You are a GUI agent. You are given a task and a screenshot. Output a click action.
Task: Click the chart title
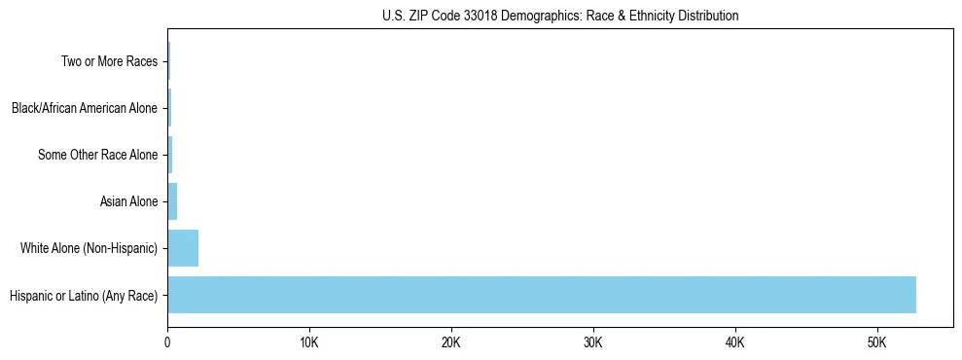(x=560, y=16)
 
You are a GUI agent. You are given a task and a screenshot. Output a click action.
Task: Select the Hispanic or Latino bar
(x=542, y=295)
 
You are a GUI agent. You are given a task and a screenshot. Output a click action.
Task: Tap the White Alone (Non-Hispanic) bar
(x=183, y=248)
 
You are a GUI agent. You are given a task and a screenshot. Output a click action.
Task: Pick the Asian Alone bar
(x=172, y=201)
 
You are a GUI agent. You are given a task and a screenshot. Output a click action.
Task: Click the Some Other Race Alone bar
(x=170, y=155)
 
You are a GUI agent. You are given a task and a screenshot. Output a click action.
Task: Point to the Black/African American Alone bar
(x=169, y=108)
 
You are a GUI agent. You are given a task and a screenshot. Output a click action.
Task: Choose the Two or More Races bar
(x=168, y=61)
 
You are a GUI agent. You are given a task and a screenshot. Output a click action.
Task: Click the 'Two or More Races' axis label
(x=109, y=61)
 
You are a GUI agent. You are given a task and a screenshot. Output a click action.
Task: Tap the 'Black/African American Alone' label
(x=84, y=108)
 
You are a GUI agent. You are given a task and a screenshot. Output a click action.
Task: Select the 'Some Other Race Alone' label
(x=97, y=155)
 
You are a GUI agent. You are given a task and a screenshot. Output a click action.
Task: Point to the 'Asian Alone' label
(x=128, y=201)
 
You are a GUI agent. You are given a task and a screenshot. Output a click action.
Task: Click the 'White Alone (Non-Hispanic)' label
(x=89, y=248)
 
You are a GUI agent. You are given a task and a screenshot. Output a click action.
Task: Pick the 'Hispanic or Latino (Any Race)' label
(x=83, y=295)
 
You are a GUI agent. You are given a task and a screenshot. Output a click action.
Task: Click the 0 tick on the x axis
(x=167, y=342)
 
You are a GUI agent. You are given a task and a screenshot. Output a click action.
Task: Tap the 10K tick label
(x=309, y=342)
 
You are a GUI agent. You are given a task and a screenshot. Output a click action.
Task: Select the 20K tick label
(x=451, y=342)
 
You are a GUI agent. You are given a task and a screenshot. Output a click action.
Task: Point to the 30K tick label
(x=593, y=342)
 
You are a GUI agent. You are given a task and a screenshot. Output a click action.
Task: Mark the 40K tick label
(x=735, y=342)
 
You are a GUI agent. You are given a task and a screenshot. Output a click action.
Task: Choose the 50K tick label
(x=877, y=342)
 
